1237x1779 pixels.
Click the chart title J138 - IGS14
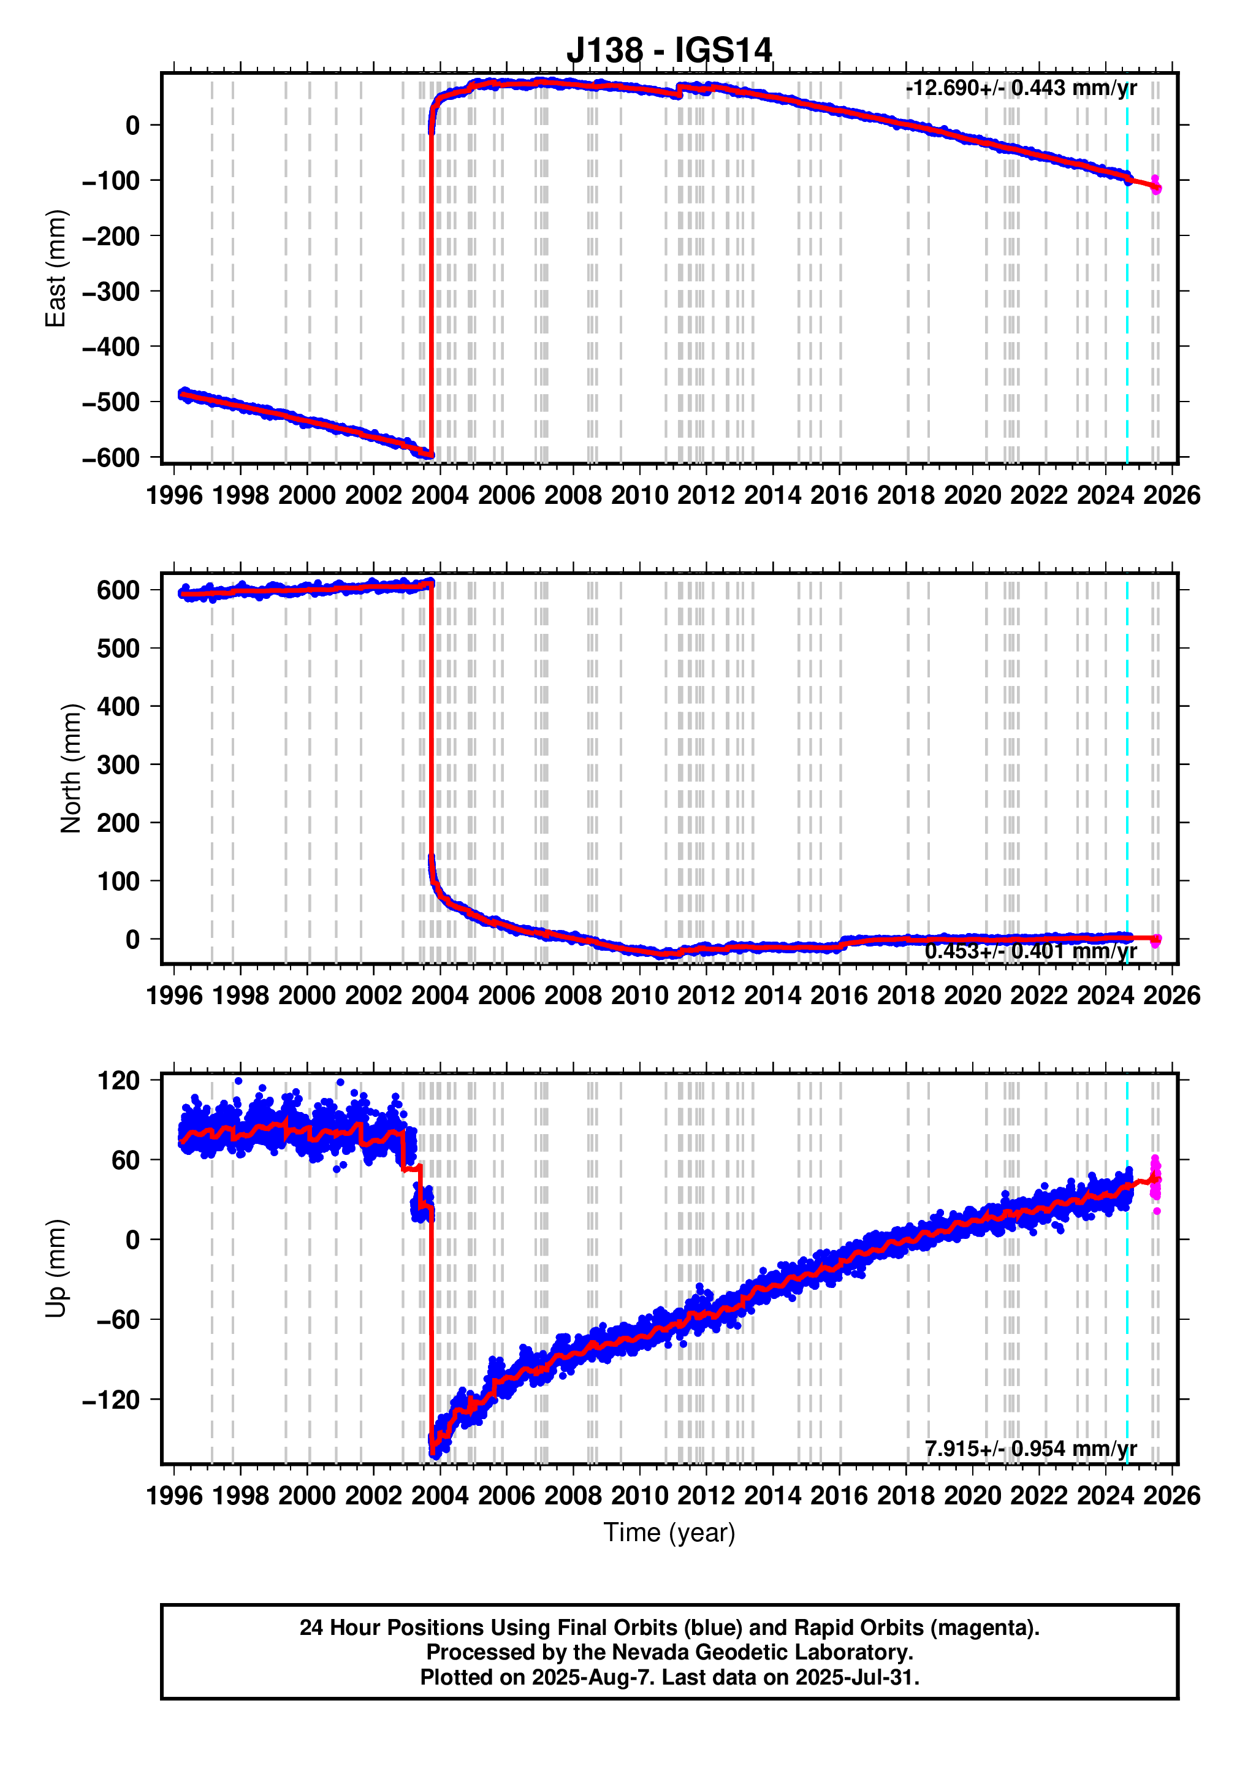(669, 51)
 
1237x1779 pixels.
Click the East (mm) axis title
(56, 268)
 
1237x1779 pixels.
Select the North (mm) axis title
(70, 769)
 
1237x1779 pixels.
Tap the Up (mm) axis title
(56, 1268)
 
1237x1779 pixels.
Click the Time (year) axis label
(669, 1533)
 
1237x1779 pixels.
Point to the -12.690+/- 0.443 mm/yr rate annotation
(1020, 88)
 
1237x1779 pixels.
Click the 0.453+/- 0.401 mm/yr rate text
(1030, 951)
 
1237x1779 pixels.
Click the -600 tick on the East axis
(111, 458)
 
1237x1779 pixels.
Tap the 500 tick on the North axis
(118, 649)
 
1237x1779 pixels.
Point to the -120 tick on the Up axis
(111, 1400)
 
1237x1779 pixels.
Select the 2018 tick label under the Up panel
(905, 1495)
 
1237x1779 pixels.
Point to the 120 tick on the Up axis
(118, 1080)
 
